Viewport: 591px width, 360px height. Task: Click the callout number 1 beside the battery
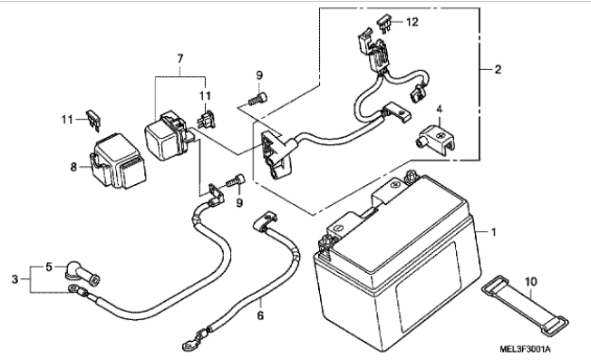coord(493,232)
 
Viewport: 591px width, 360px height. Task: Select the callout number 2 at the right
coord(498,69)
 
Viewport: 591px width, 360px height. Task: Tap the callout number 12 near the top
coord(412,23)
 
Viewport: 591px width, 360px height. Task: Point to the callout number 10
coord(531,282)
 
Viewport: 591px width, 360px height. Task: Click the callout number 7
coord(180,58)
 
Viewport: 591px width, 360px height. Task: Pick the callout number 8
coord(73,167)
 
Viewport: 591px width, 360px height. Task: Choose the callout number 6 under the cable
coord(260,316)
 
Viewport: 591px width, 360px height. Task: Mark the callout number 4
coord(440,110)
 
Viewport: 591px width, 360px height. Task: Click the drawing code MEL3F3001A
coord(525,349)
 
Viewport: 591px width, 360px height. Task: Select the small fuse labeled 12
coord(383,24)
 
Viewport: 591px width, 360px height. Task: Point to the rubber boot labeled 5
coord(82,275)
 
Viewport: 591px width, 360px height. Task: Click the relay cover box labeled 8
coord(117,161)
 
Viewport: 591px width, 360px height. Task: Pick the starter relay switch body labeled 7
coord(166,136)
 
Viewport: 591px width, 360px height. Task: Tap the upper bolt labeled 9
coord(257,99)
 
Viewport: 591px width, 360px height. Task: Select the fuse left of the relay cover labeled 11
coord(93,121)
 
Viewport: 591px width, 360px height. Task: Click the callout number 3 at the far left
coord(15,279)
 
